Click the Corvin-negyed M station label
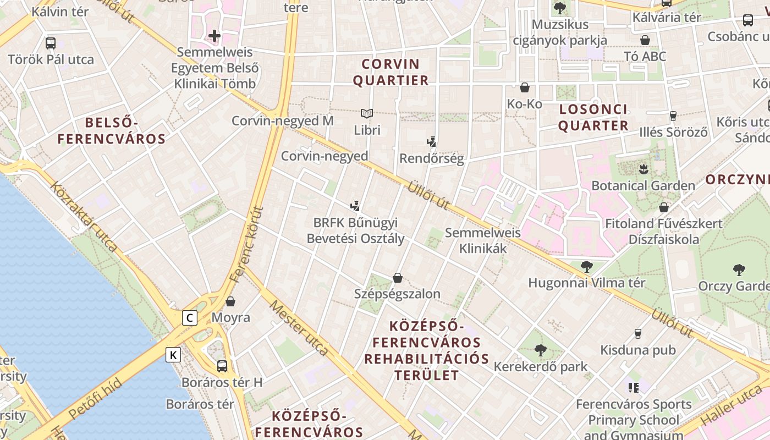click(x=282, y=121)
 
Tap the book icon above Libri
click(x=367, y=114)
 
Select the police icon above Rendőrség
click(x=432, y=142)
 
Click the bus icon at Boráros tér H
click(x=222, y=366)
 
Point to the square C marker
click(x=190, y=318)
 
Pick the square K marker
click(x=173, y=355)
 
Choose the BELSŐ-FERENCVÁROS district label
click(x=111, y=131)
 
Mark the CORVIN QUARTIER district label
click(x=391, y=72)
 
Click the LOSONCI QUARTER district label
click(x=593, y=117)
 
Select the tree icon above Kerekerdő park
click(x=541, y=350)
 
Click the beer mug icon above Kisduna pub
click(x=638, y=333)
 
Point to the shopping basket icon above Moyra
click(x=230, y=301)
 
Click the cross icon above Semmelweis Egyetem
click(x=214, y=36)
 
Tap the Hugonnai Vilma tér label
click(x=586, y=283)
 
